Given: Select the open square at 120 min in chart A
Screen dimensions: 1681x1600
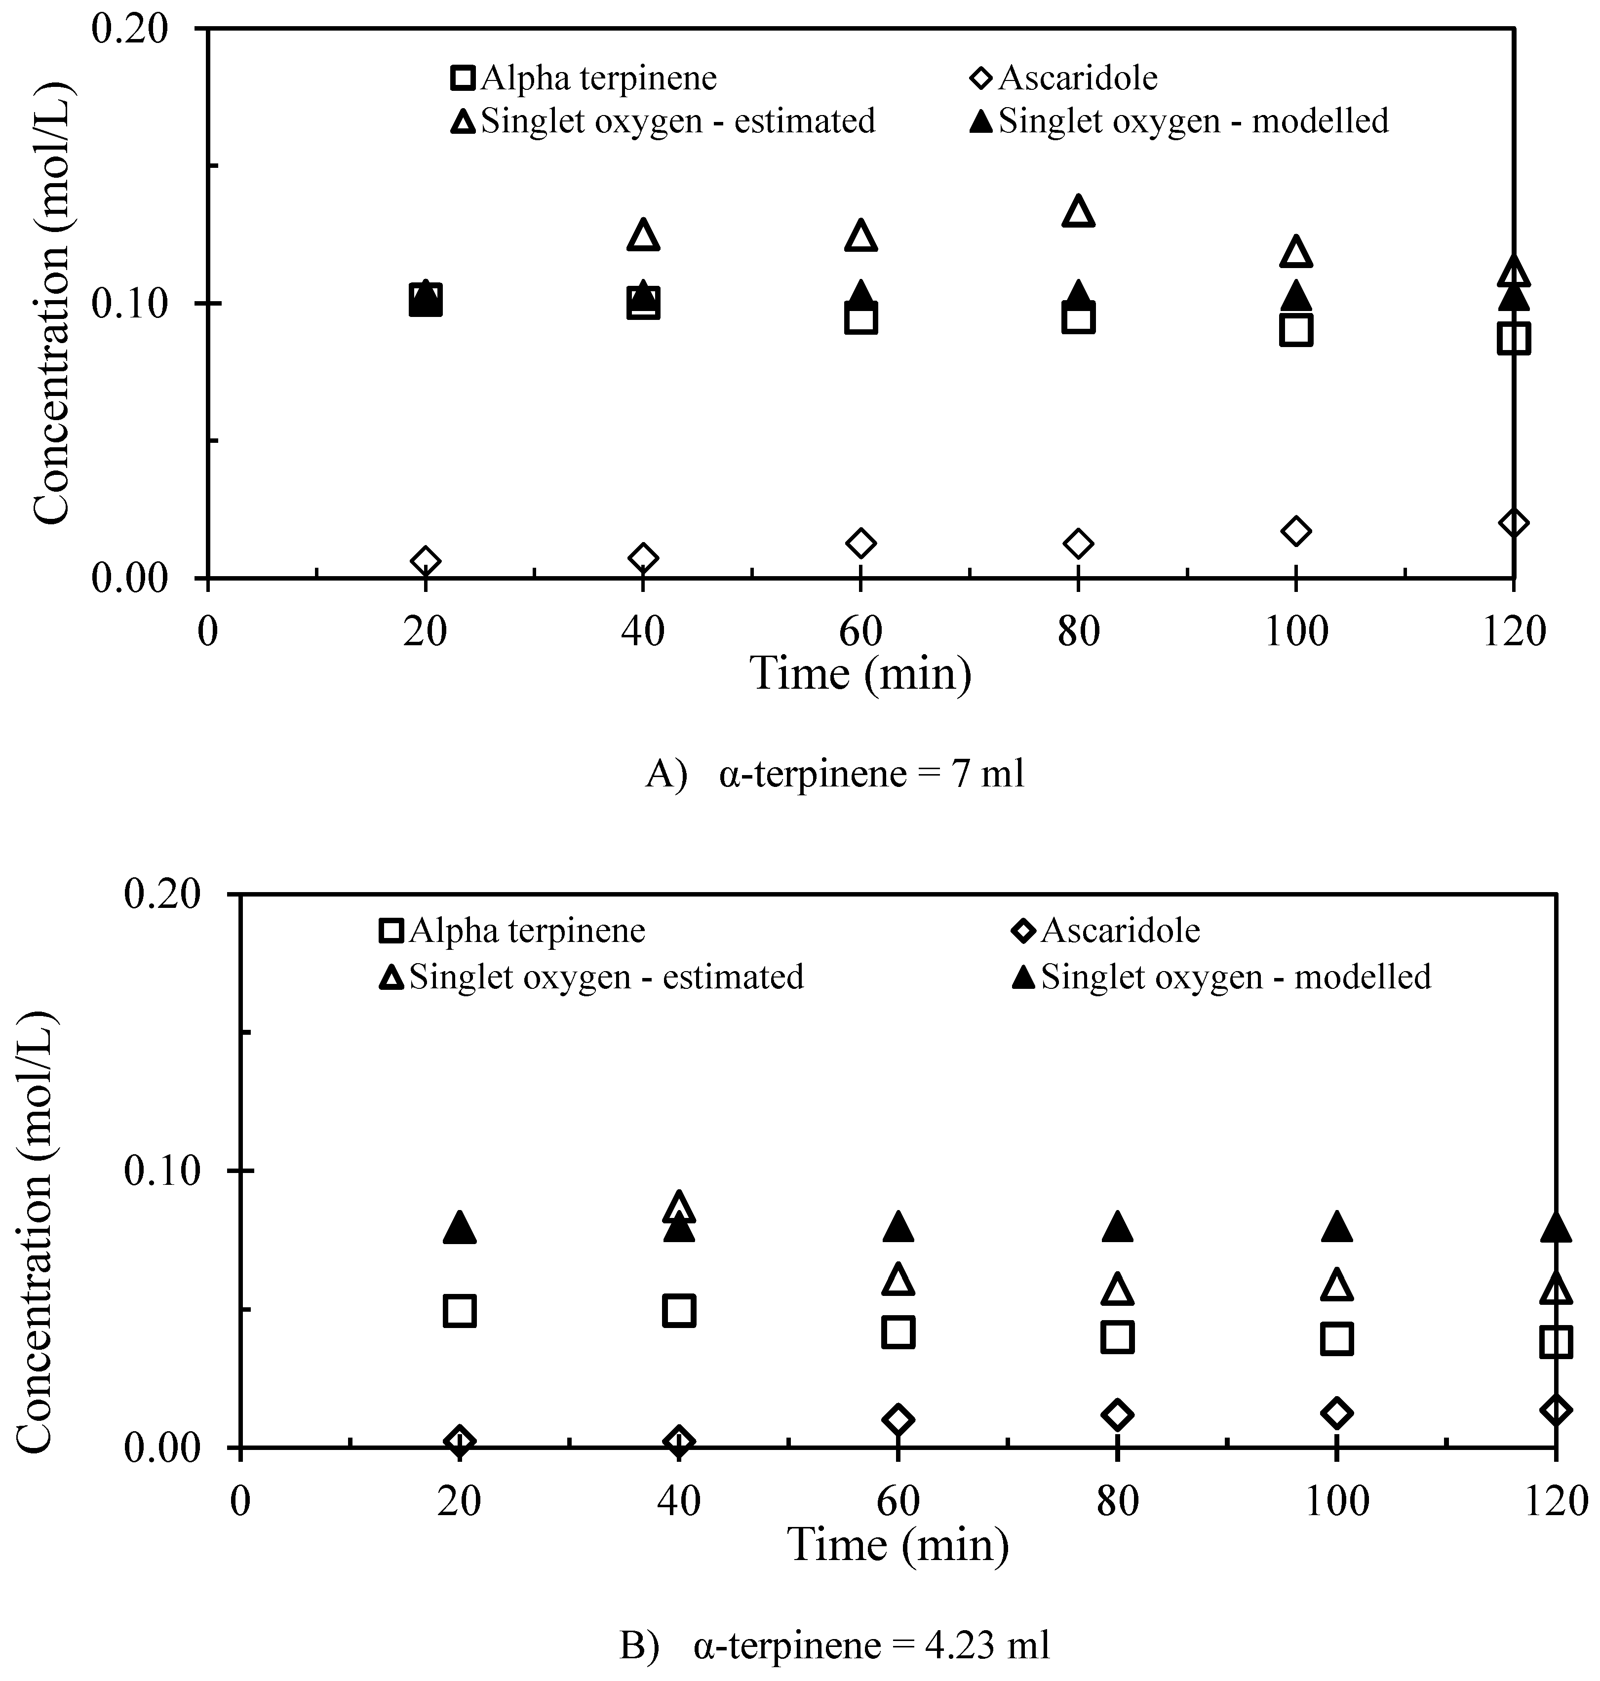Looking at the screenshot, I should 1513,338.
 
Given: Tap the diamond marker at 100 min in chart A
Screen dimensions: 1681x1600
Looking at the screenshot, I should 1295,531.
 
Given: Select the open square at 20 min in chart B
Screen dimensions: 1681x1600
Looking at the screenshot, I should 460,1310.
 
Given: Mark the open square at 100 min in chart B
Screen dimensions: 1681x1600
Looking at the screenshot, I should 1336,1339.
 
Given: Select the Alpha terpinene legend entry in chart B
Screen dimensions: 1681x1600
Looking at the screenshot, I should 512,931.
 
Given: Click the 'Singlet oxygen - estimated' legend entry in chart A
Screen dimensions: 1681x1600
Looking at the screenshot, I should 663,121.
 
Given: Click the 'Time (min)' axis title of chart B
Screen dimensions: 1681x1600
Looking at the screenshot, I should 898,1545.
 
